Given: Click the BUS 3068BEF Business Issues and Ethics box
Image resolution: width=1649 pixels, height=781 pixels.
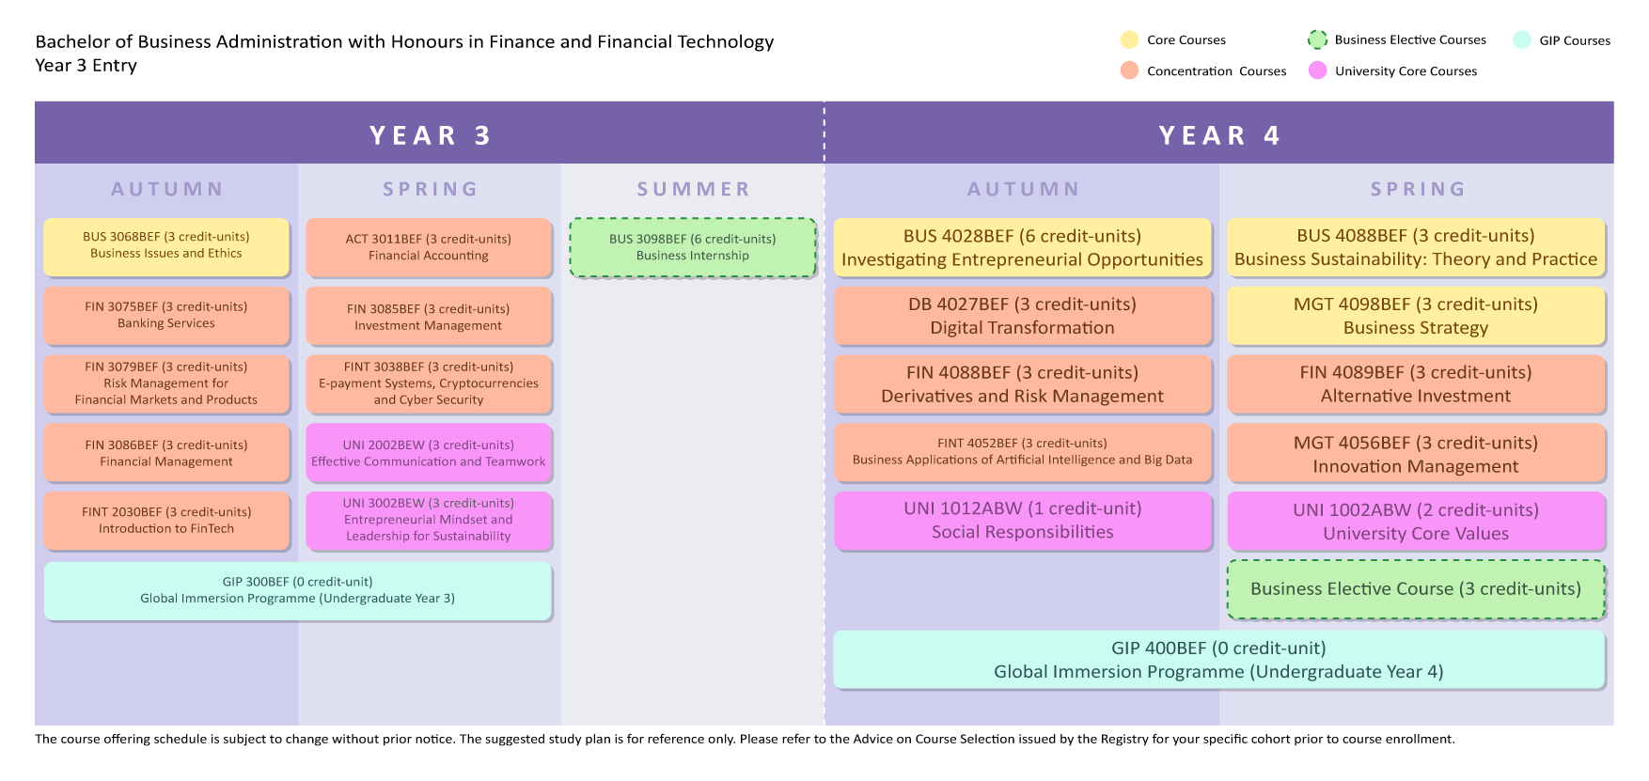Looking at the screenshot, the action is pos(166,247).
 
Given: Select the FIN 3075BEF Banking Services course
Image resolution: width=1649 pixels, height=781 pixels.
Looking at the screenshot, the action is pos(166,316).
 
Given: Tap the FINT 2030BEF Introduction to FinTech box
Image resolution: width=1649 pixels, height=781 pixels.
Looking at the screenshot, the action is pos(166,521).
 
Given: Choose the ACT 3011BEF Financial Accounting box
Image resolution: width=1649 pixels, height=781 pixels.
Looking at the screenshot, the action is pos(429,247).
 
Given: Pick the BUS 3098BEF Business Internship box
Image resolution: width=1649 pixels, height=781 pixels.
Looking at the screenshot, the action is pos(693,248).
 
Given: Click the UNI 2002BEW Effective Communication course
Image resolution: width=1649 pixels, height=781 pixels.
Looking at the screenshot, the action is pos(429,453).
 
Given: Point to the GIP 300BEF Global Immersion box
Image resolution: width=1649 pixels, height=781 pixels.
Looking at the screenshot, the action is pos(298,591).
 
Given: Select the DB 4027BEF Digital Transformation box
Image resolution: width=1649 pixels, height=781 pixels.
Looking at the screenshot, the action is pos(1023,316).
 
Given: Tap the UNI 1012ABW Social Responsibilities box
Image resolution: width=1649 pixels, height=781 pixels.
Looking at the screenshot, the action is pos(1023,521).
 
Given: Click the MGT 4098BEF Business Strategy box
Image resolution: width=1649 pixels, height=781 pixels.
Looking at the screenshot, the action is pos(1416,316).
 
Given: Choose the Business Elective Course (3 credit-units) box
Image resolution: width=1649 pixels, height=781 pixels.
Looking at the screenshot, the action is pos(1416,589).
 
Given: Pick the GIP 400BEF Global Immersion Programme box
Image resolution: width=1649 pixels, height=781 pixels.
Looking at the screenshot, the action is pos(1219,660).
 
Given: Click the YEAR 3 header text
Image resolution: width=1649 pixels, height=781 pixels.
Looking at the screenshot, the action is pos(431,135).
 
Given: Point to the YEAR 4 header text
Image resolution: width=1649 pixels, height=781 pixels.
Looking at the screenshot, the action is pos(1219,135).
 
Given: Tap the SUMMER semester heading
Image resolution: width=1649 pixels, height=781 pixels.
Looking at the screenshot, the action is pos(694,189).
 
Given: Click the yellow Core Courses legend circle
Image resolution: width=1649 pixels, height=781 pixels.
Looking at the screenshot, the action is pos(1129,39).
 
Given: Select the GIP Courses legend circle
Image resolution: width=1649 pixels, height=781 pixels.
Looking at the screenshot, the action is pos(1522,39).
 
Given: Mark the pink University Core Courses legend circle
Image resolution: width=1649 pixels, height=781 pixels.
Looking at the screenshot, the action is pos(1318,70).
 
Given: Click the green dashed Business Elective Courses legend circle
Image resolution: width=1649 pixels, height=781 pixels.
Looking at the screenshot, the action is pos(1318,39).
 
